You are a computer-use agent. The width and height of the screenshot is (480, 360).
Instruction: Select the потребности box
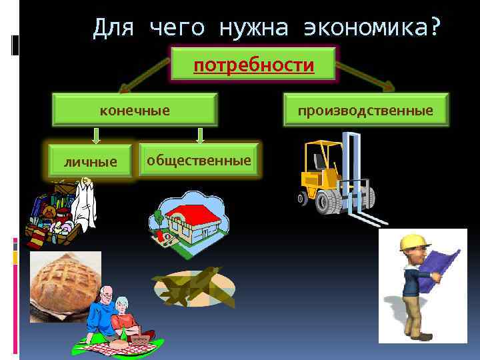pyautogui.click(x=253, y=64)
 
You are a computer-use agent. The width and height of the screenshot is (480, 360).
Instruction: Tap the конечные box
pyautogui.click(x=135, y=109)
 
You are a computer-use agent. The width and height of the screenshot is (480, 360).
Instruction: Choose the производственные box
pyautogui.click(x=365, y=109)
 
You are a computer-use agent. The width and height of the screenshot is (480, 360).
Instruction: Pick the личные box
pyautogui.click(x=90, y=161)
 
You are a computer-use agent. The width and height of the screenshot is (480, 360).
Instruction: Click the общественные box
pyautogui.click(x=199, y=160)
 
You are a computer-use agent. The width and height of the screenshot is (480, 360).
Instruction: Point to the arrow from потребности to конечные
pyautogui.click(x=143, y=74)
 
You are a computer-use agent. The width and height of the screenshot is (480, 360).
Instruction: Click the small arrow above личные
pyautogui.click(x=96, y=135)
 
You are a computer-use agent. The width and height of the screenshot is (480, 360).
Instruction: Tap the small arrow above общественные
pyautogui.click(x=199, y=135)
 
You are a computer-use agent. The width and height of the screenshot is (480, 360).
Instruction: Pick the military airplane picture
pyautogui.click(x=193, y=285)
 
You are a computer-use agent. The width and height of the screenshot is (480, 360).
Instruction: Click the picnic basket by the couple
pyautogui.click(x=141, y=340)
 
